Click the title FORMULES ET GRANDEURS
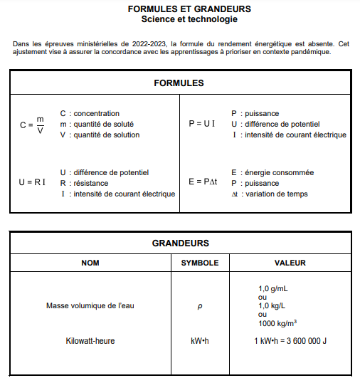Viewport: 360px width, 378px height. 179,9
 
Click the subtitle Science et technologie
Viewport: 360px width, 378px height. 179,19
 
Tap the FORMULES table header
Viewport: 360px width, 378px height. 179,83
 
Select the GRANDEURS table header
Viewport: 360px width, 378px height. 180,243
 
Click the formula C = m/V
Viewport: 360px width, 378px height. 32,125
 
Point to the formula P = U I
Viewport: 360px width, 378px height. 202,123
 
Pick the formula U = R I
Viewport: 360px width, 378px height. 32,182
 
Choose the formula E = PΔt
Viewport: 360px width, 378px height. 203,182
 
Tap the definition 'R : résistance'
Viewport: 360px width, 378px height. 88,183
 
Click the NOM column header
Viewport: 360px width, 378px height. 90,263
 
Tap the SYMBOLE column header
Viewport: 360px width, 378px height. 200,263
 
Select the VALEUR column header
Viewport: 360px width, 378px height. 290,263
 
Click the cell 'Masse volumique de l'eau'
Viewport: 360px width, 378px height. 90,305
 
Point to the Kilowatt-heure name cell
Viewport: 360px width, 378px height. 90,341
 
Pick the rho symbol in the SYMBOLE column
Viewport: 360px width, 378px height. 200,306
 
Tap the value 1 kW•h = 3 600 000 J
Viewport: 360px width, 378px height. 290,341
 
